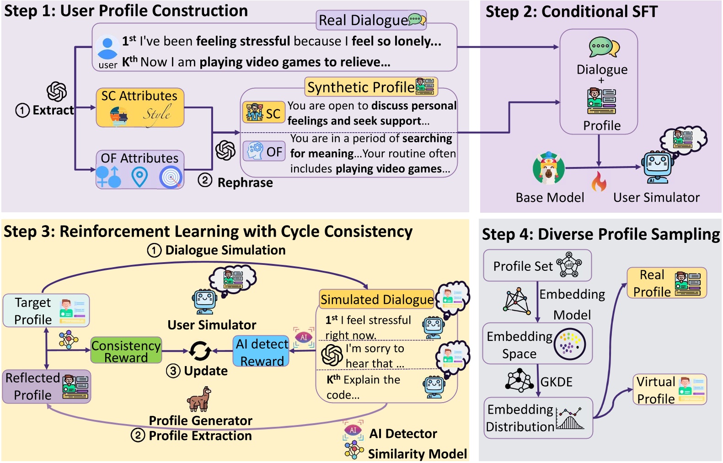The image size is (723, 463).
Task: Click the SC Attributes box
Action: [140, 108]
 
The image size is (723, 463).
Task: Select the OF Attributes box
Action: [140, 170]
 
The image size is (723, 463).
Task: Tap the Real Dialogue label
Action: [371, 20]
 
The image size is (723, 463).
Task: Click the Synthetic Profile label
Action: [371, 87]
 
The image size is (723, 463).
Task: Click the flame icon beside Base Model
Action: [599, 182]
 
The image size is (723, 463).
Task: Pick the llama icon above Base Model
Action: [548, 168]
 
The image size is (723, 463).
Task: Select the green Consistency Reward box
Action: [126, 350]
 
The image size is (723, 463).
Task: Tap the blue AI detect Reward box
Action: [261, 351]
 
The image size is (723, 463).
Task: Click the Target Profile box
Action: [46, 311]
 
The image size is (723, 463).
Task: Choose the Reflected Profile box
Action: [47, 387]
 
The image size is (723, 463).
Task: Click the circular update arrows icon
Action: [200, 351]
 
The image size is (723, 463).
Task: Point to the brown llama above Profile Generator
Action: [199, 399]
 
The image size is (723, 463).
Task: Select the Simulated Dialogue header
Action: [377, 299]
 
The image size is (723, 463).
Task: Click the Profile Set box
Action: [537, 265]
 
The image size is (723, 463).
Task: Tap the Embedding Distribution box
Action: [538, 418]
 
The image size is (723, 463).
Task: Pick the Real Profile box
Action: [667, 283]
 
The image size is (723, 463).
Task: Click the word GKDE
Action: [557, 382]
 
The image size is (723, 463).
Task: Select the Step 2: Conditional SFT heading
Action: [571, 11]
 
